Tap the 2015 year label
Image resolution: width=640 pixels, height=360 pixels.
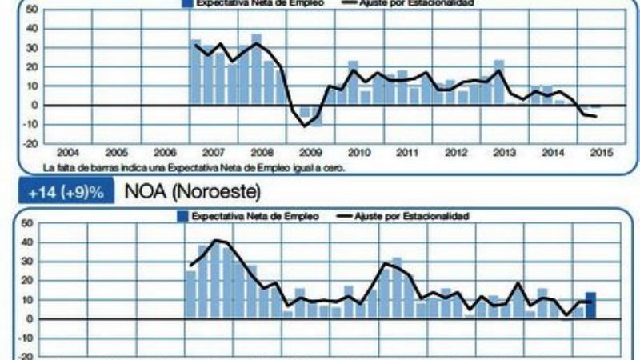pos(601,153)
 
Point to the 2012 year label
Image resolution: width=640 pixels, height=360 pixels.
pos(456,153)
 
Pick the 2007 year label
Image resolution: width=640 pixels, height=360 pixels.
pos(213,153)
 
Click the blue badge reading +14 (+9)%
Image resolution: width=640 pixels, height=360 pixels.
pos(68,194)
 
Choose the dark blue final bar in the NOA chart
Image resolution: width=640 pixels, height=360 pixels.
pos(590,306)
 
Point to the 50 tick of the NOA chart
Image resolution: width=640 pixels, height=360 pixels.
pos(26,223)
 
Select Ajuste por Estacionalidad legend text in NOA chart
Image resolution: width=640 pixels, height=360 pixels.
pos(423,216)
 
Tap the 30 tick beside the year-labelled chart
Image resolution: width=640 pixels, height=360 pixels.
pos(30,47)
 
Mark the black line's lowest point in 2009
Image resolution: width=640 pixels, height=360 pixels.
pos(305,126)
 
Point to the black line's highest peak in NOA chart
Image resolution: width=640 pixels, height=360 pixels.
pos(216,240)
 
